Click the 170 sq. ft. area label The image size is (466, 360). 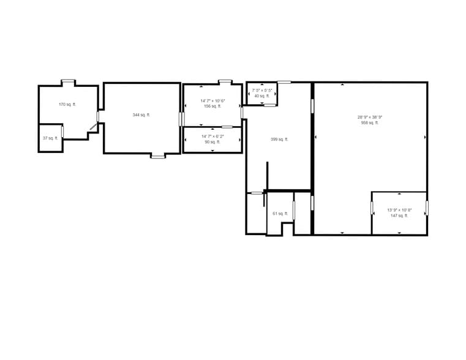click(67, 105)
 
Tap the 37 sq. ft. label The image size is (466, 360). click(50, 138)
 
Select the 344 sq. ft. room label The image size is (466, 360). click(141, 115)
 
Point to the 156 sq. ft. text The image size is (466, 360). click(212, 107)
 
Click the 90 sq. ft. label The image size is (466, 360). click(212, 142)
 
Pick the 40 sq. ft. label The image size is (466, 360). click(262, 96)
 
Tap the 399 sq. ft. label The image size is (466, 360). click(279, 140)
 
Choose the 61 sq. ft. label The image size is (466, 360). click(280, 214)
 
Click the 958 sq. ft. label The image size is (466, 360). click(370, 123)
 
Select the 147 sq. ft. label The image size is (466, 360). click(399, 216)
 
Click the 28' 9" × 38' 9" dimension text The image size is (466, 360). click(370, 117)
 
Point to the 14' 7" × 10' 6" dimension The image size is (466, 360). click(212, 100)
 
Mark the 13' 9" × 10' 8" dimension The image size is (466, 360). click(399, 210)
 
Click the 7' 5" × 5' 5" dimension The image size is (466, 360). click(262, 91)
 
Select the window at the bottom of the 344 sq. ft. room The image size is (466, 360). click(158, 157)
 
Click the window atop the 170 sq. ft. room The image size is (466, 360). click(68, 81)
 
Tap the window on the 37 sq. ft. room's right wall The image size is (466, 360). click(62, 132)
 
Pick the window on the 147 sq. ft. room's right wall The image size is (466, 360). click(427, 208)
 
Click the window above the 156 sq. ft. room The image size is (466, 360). click(225, 81)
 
